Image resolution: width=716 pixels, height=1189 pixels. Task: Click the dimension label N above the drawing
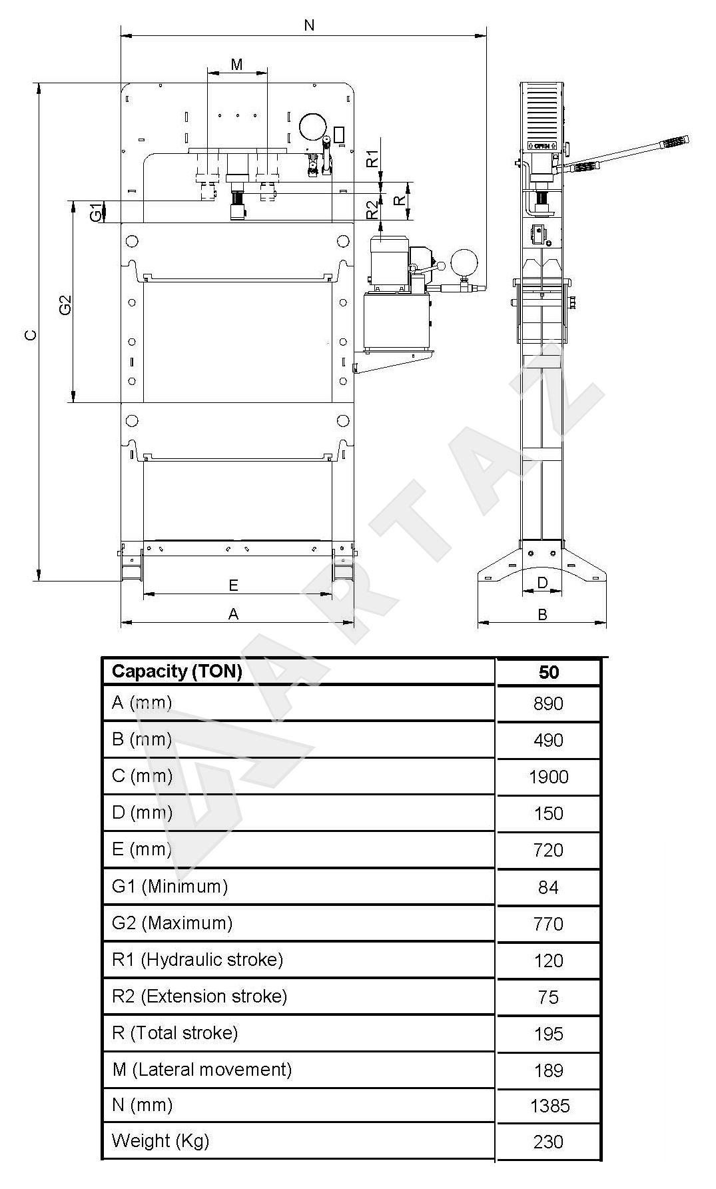(x=309, y=25)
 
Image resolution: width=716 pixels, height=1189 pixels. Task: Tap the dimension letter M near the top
(x=236, y=64)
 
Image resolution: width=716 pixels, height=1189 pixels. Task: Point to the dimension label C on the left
(x=31, y=334)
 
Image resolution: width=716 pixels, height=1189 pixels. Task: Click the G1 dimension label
(x=97, y=212)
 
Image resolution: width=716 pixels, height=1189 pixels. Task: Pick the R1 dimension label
(x=373, y=158)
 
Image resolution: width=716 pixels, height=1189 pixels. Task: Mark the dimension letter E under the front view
(x=233, y=585)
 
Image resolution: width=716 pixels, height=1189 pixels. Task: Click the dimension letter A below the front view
(x=233, y=613)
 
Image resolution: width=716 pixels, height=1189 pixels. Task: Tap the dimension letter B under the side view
(x=542, y=613)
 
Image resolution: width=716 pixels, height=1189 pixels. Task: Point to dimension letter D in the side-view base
(x=542, y=583)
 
